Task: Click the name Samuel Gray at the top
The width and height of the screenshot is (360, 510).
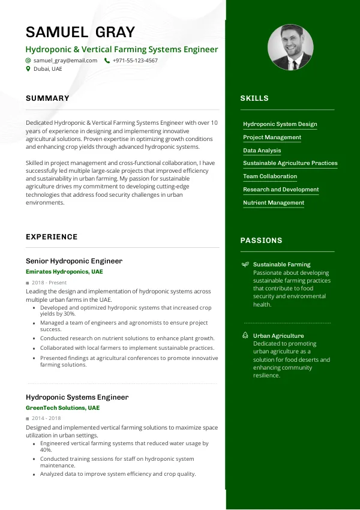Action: tap(80, 32)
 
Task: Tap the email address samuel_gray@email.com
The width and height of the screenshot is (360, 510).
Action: tap(65, 61)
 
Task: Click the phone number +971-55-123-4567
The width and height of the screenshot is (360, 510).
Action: tap(135, 61)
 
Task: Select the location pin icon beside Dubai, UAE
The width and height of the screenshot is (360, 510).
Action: tap(28, 69)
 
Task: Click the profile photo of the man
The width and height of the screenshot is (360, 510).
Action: tap(290, 47)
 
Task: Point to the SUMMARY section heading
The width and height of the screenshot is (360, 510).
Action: tap(47, 98)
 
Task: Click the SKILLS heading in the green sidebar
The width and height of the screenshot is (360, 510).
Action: tap(254, 98)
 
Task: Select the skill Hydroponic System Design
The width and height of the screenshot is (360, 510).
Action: tap(280, 124)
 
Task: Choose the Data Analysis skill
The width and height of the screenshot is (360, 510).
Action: tap(262, 151)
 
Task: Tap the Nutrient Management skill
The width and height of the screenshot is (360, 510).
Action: tap(274, 203)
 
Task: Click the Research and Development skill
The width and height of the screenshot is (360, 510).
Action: tap(281, 190)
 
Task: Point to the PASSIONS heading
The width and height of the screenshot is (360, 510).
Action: tap(261, 241)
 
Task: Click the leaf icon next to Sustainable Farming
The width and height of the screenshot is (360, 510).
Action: tap(245, 265)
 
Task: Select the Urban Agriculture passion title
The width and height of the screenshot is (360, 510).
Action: tap(278, 336)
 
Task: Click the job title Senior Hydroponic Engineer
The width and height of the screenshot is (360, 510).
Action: tap(74, 261)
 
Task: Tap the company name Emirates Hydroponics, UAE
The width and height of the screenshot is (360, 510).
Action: tap(64, 272)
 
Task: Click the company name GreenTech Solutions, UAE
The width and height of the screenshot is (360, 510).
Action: tap(62, 408)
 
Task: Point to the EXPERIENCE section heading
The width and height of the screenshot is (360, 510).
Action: tap(52, 237)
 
